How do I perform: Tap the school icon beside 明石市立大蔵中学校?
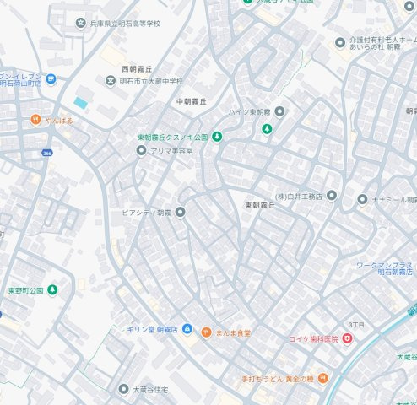(x=111, y=81)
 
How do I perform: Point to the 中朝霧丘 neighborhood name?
(x=191, y=101)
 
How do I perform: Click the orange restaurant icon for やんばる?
(x=35, y=120)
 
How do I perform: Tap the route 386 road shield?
(x=47, y=154)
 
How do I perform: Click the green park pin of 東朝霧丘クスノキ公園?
(x=217, y=137)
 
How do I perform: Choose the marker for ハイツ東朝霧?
(x=280, y=111)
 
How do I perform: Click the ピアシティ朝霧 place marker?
(x=180, y=211)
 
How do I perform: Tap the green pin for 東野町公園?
(x=52, y=290)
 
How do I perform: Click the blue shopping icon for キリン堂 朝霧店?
(x=187, y=329)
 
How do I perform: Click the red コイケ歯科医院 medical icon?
(x=347, y=338)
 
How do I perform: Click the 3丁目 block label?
(x=355, y=325)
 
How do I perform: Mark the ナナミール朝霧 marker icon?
(x=362, y=200)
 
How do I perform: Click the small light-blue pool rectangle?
(x=80, y=103)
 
